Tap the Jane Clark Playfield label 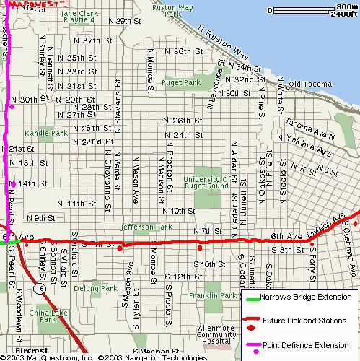[79, 17]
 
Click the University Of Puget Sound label [206, 183]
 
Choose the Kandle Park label [45, 134]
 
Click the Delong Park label [95, 288]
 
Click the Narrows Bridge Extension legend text [306, 297]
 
